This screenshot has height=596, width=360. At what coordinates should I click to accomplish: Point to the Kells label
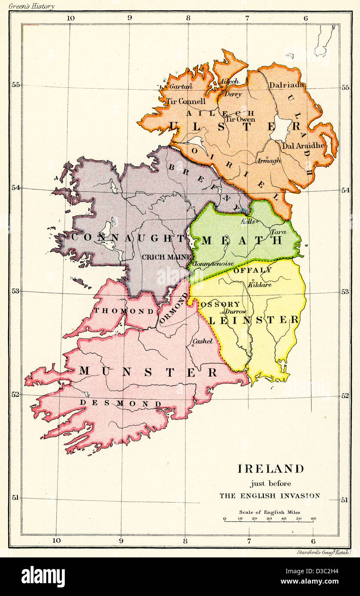click(x=248, y=221)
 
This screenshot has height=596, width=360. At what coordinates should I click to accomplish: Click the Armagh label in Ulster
click(x=269, y=160)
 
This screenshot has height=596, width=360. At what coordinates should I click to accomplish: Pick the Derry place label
click(x=233, y=94)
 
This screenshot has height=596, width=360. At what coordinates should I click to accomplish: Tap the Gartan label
click(x=181, y=86)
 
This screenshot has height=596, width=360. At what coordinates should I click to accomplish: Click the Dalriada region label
click(x=287, y=85)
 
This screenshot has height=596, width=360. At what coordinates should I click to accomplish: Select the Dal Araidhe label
click(x=303, y=145)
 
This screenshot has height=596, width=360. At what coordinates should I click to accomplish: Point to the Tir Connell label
click(x=185, y=102)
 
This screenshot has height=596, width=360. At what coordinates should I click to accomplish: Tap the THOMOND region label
click(x=118, y=310)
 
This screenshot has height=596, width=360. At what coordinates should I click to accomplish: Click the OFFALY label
click(x=252, y=270)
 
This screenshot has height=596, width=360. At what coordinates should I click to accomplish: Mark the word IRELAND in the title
click(x=270, y=469)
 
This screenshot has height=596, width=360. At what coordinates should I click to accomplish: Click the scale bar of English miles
click(x=269, y=519)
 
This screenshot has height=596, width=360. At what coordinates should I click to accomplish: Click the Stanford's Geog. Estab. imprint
click(x=324, y=552)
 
